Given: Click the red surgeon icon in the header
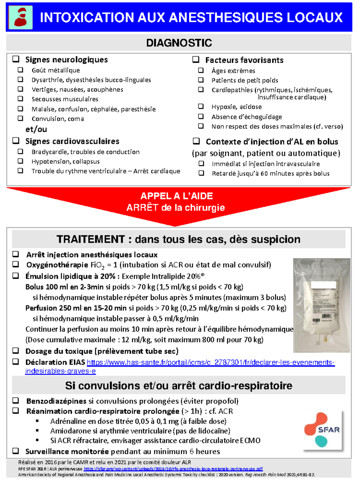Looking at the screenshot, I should [x=20, y=17].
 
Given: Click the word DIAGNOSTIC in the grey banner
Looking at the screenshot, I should [x=179, y=43].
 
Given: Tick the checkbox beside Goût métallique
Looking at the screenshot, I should [x=20, y=70].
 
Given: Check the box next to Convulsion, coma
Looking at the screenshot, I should [x=20, y=118].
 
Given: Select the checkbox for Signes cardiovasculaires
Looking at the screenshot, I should [x=16, y=140].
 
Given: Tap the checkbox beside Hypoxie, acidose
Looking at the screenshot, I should [x=201, y=106].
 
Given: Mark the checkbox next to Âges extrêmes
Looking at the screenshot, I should [x=201, y=70].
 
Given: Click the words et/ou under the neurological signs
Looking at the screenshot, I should [x=36, y=129].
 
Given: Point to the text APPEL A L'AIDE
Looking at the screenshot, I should [x=177, y=196].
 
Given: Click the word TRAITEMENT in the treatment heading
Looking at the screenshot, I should [x=91, y=239].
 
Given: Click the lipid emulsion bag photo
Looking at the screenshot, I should [x=321, y=305].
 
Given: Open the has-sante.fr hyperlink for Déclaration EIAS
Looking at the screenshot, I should [x=210, y=362].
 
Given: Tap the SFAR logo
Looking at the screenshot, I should [x=322, y=430].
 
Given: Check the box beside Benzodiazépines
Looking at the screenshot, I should [x=16, y=400].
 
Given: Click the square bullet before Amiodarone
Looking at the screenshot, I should [x=37, y=431].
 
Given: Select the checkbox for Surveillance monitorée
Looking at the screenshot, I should [x=16, y=451].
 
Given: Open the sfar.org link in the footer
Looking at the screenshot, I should [x=173, y=469].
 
